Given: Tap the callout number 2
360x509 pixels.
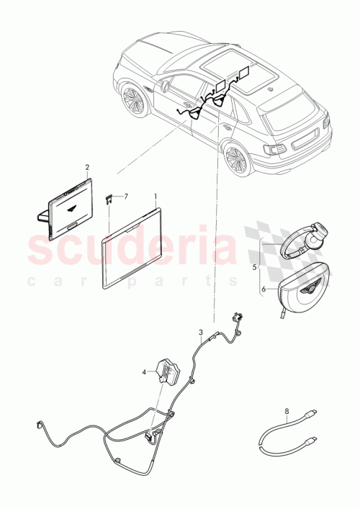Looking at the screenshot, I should pos(87,167).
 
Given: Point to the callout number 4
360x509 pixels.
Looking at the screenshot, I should pos(144,372).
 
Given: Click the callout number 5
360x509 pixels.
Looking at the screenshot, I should pos(253,266).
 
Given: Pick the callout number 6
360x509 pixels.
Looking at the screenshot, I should pos(263,289).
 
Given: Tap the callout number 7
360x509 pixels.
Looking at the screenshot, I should pos(125,196).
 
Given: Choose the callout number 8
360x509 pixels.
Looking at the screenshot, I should pos(287,412).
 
